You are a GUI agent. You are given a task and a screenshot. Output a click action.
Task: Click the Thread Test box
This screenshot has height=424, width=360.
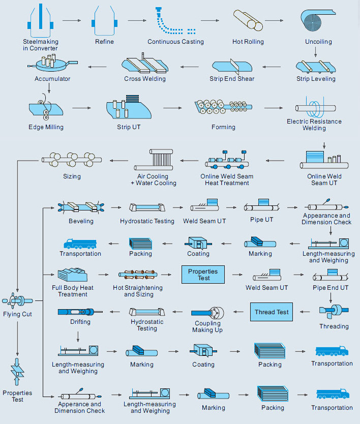272,312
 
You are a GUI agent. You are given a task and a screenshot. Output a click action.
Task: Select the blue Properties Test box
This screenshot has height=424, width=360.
203,275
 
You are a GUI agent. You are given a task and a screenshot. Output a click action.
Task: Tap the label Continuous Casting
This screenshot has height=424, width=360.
175,42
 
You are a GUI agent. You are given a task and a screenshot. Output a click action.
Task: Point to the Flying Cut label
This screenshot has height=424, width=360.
17,314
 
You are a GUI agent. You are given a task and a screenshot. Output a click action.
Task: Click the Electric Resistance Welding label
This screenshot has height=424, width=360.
314,125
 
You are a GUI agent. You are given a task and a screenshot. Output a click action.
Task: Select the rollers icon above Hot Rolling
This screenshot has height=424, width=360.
248,21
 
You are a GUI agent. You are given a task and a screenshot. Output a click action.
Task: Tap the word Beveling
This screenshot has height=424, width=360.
81,221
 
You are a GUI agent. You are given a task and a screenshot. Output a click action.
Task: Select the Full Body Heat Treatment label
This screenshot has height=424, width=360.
73,291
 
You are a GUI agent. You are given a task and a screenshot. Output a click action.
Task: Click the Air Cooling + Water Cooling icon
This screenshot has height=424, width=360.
160,159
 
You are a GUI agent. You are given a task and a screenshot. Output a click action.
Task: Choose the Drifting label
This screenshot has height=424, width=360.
80,322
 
